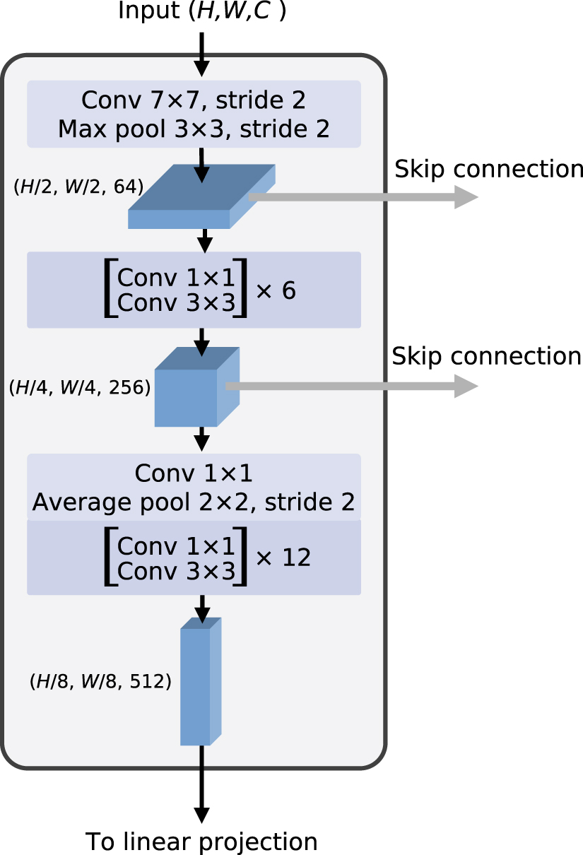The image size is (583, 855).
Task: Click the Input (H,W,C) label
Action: coord(202,11)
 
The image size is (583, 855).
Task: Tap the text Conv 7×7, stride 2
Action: coord(194,100)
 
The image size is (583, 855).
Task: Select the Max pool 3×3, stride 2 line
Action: coord(194,129)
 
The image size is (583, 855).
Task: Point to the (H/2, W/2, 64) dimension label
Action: coord(78,187)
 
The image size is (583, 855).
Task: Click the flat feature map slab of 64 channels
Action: coord(201,196)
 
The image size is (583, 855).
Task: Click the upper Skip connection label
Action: coord(489,169)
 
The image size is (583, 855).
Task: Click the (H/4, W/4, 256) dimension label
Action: coord(79,387)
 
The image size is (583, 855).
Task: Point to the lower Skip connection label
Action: coord(486,357)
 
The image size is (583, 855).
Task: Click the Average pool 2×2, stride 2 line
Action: coord(194,502)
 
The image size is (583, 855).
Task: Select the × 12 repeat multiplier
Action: coord(283,558)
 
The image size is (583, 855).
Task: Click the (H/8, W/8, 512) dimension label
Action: coord(100,681)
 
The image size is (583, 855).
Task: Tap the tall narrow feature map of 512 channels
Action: coord(201,681)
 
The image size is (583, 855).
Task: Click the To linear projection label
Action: coord(201,842)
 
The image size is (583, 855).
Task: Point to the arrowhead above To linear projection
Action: coord(201,815)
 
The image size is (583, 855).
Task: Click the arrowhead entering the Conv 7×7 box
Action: coord(201,69)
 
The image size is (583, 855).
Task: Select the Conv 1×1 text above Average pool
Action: coord(194,473)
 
